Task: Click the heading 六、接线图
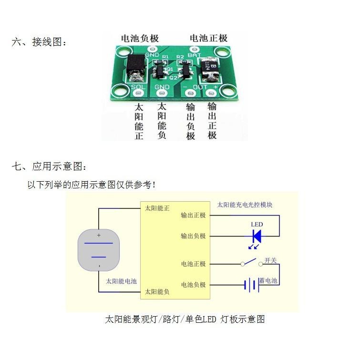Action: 39,42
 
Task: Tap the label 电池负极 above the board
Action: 140,39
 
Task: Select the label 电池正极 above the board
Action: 208,39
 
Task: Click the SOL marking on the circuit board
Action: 137,87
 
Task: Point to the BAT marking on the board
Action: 194,56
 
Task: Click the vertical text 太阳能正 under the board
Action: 139,121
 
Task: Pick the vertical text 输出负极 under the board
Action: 191,121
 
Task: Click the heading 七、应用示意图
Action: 50,167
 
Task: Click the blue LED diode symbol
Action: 256,236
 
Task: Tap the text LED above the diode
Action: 257,225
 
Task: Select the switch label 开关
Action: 270,260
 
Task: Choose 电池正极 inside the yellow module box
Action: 193,264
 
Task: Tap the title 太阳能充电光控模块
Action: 245,205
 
